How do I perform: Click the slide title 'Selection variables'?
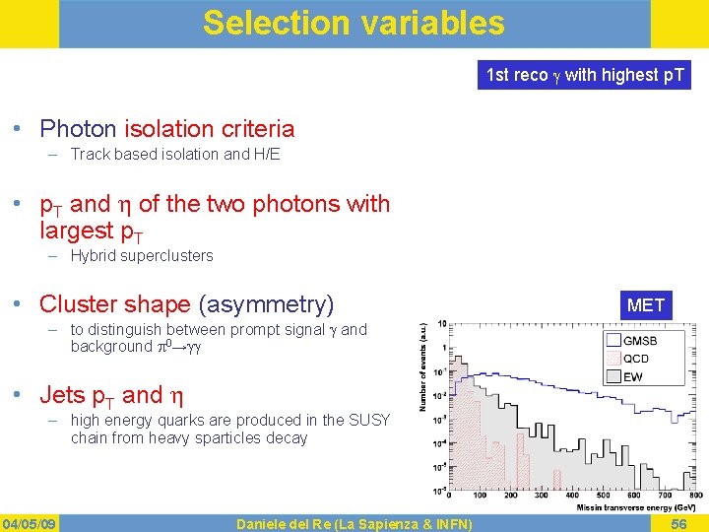354,23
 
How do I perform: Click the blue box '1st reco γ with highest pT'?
585,75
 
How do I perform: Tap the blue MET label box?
646,305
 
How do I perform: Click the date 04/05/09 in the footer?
29,523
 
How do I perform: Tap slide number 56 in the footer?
678,523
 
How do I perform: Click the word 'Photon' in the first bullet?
79,129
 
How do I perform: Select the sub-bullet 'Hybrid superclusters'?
142,256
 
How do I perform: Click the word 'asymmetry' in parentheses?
267,304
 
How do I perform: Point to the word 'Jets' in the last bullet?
62,396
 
